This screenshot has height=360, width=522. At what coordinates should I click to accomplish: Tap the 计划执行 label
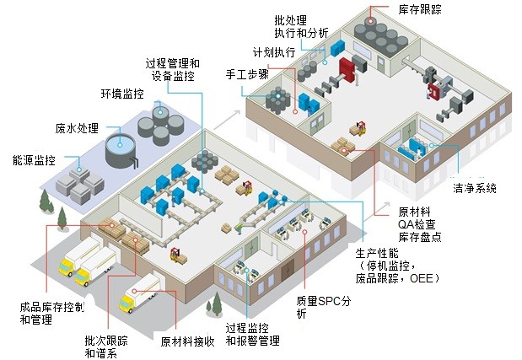(x=274, y=52)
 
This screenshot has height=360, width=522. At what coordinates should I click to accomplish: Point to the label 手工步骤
(x=247, y=73)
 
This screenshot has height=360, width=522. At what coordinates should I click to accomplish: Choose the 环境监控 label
(x=123, y=94)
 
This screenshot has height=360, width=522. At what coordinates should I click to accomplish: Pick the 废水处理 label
(x=77, y=129)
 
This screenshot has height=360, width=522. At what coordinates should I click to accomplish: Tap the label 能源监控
(x=35, y=159)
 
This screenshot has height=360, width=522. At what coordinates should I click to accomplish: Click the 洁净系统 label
(x=475, y=188)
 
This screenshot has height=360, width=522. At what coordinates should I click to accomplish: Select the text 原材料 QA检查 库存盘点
(x=418, y=223)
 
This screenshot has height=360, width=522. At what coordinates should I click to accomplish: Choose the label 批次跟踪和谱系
(x=106, y=347)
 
